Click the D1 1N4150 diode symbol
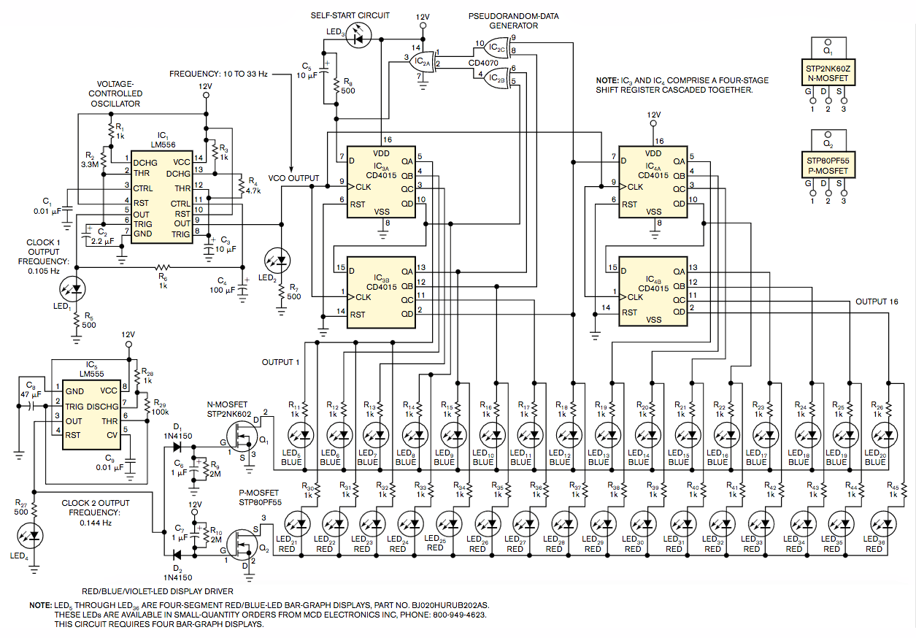coord(173,439)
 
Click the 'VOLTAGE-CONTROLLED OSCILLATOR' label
coord(115,93)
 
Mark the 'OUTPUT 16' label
coord(877,301)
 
